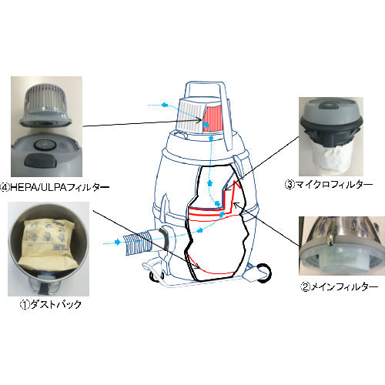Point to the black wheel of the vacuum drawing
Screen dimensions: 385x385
click(263, 273)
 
